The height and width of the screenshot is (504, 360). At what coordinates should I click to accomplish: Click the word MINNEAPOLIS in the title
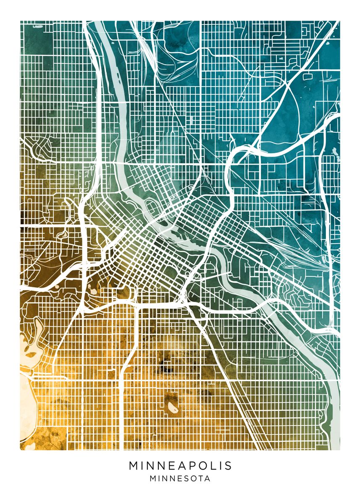180,466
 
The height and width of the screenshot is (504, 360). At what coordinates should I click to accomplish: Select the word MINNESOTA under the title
180,478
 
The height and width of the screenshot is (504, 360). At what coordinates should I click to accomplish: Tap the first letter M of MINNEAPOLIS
134,466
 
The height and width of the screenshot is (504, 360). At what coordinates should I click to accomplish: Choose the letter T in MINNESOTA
201,478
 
